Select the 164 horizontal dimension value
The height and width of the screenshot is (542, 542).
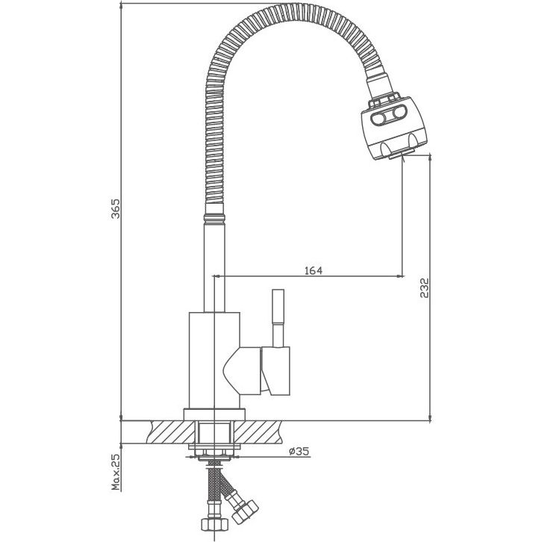314,270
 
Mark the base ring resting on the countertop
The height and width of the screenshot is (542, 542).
214,413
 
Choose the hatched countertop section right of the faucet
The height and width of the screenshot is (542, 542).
261,432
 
